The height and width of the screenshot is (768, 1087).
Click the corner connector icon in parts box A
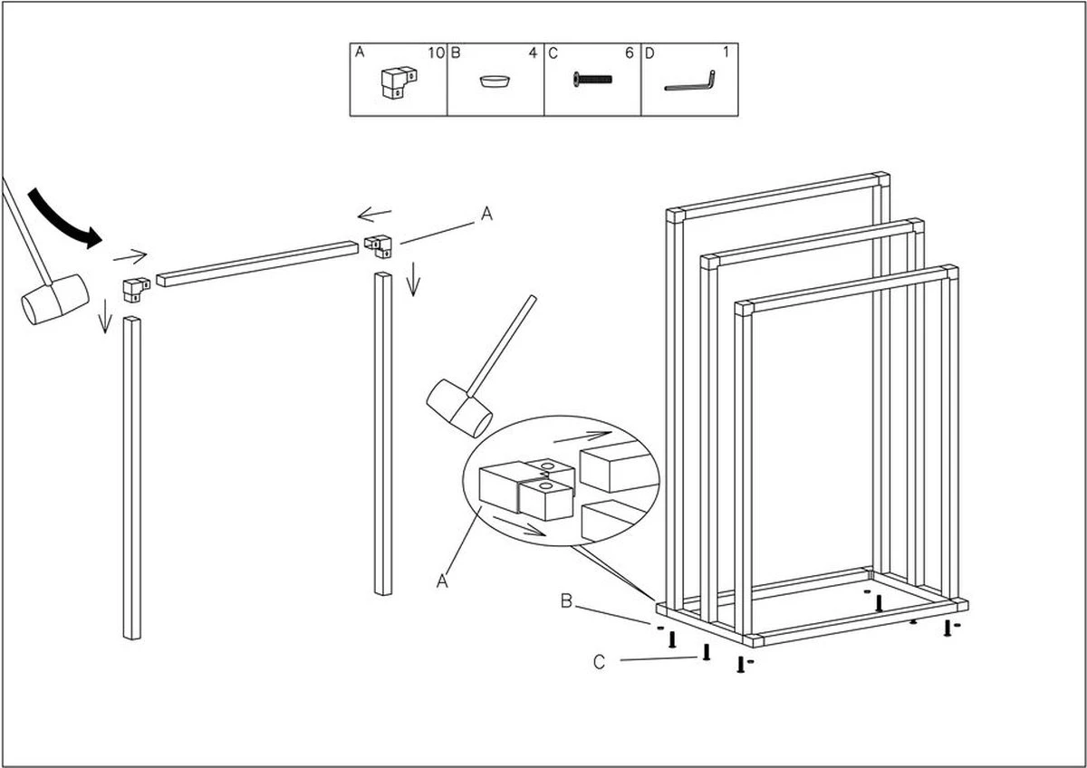395,82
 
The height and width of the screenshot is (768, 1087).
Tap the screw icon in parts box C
592,81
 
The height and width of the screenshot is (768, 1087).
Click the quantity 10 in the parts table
436,53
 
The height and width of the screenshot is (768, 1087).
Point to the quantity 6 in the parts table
629,53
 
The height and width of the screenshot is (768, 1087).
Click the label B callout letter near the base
565,601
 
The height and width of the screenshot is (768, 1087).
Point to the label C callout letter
599,663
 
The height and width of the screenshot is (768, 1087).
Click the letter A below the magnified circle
443,581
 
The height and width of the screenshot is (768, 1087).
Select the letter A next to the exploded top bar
486,215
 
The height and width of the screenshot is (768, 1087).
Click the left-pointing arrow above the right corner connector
374,215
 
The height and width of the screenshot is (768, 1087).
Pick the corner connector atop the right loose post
379,245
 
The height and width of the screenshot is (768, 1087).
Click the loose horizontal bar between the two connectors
257,264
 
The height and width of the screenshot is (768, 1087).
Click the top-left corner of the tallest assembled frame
674,216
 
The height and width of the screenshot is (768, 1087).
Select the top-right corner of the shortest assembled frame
949,272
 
